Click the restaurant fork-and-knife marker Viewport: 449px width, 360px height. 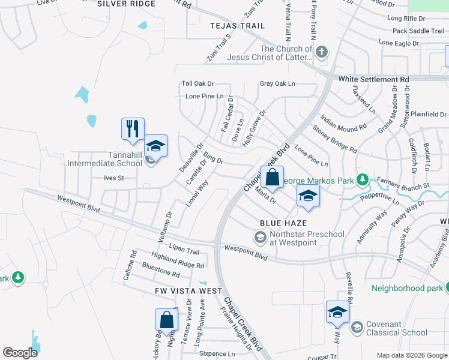click(133, 128)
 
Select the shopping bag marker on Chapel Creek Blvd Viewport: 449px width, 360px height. click(272, 176)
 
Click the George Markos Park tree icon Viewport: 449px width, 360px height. click(362, 179)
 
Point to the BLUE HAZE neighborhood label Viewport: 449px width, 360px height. click(279, 223)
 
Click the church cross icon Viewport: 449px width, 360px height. click(321, 52)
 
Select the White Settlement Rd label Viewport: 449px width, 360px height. click(373, 79)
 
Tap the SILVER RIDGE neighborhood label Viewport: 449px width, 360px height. click(126, 4)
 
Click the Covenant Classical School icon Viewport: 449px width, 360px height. click(357, 328)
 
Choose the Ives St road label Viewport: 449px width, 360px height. click(113, 178)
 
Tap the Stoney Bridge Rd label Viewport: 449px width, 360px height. click(335, 139)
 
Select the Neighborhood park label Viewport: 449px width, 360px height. click(406, 288)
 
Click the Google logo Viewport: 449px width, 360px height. click(20, 353)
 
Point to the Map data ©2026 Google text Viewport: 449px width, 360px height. click(412, 355)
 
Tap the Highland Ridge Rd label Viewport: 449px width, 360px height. click(178, 260)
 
